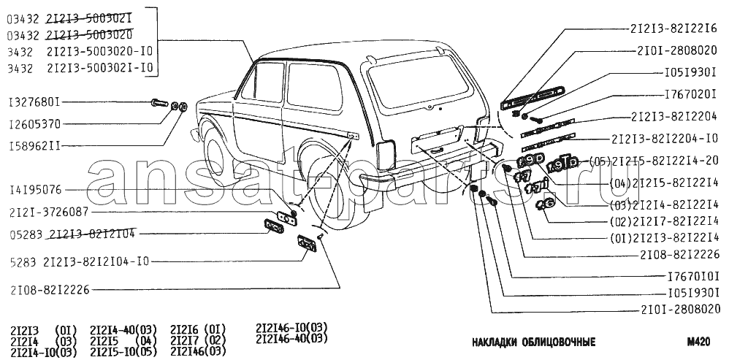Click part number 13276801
pos(36,102)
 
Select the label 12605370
pos(36,124)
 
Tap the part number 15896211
pos(36,146)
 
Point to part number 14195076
pos(36,190)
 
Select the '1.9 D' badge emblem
pos(530,161)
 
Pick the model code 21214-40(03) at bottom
pos(121,329)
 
